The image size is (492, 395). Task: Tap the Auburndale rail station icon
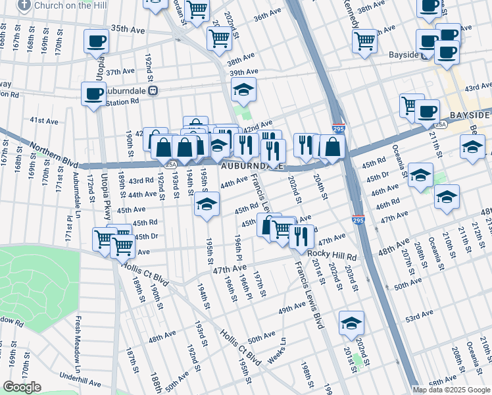coord(152,91)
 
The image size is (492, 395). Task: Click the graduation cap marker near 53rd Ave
coord(352,323)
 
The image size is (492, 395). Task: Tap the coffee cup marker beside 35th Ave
coord(96,41)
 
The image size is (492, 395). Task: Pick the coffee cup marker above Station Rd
coord(93,93)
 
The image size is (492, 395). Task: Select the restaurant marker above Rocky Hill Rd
coord(301,236)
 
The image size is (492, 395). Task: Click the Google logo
coord(22,386)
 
